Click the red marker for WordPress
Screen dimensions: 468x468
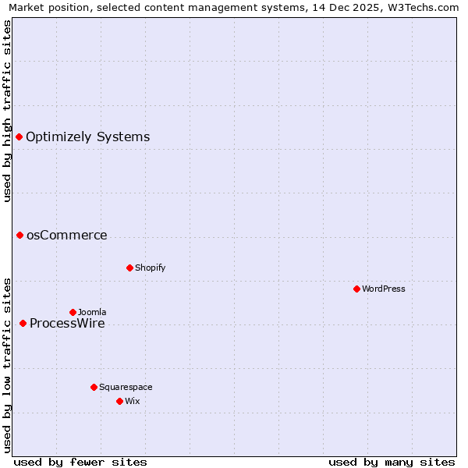click(x=356, y=289)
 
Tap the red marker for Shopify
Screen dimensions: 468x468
click(x=129, y=268)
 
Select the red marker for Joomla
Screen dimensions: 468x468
click(x=73, y=312)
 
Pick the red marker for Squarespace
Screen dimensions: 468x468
click(x=94, y=387)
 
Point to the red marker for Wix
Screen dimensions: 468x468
click(x=119, y=401)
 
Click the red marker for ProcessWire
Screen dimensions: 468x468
click(x=23, y=323)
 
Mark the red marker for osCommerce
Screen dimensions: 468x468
click(x=19, y=235)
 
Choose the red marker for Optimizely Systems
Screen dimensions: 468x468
click(x=19, y=136)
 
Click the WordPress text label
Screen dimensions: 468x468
click(x=384, y=289)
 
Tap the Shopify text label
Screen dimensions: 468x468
click(x=151, y=268)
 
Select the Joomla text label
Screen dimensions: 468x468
click(x=92, y=312)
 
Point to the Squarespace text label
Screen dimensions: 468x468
click(x=126, y=387)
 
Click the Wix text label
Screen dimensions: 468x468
click(x=132, y=401)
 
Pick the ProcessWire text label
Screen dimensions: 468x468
click(x=67, y=323)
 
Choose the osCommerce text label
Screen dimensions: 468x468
click(x=67, y=235)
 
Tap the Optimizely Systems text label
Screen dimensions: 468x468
click(x=88, y=136)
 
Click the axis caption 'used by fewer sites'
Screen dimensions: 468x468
click(x=80, y=462)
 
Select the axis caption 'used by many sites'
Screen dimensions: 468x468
click(x=392, y=462)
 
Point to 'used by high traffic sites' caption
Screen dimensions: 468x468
click(x=7, y=111)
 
